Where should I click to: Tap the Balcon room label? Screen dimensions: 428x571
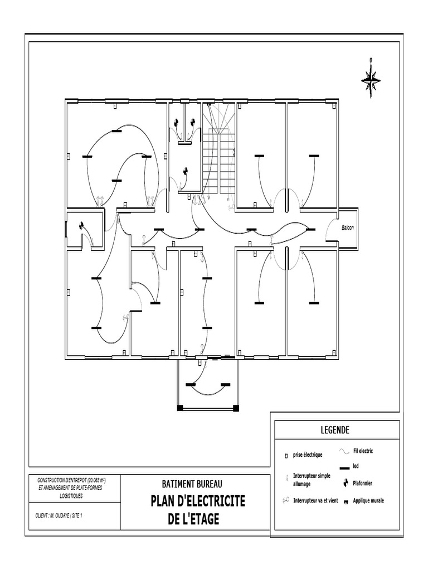pos(347,228)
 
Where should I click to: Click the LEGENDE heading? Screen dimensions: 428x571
pos(335,430)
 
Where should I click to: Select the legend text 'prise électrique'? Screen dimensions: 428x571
pos(308,454)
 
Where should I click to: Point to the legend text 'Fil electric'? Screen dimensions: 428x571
pos(363,451)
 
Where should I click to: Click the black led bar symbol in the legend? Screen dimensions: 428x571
pos(344,468)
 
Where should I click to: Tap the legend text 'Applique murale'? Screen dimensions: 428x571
pos(368,501)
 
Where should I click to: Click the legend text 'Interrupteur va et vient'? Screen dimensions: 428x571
pos(315,501)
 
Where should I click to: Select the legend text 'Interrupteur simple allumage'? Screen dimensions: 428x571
pos(312,480)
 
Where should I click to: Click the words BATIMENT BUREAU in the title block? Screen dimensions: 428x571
pos(192,484)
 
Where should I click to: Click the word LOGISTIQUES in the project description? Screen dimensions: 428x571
pos(71,496)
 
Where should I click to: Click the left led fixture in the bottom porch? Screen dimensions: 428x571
pos(191,385)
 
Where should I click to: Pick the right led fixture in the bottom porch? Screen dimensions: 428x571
pos(226,385)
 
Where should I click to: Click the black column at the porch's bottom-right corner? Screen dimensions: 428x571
pos(236,408)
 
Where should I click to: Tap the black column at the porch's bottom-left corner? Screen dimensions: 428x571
pos(179,408)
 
